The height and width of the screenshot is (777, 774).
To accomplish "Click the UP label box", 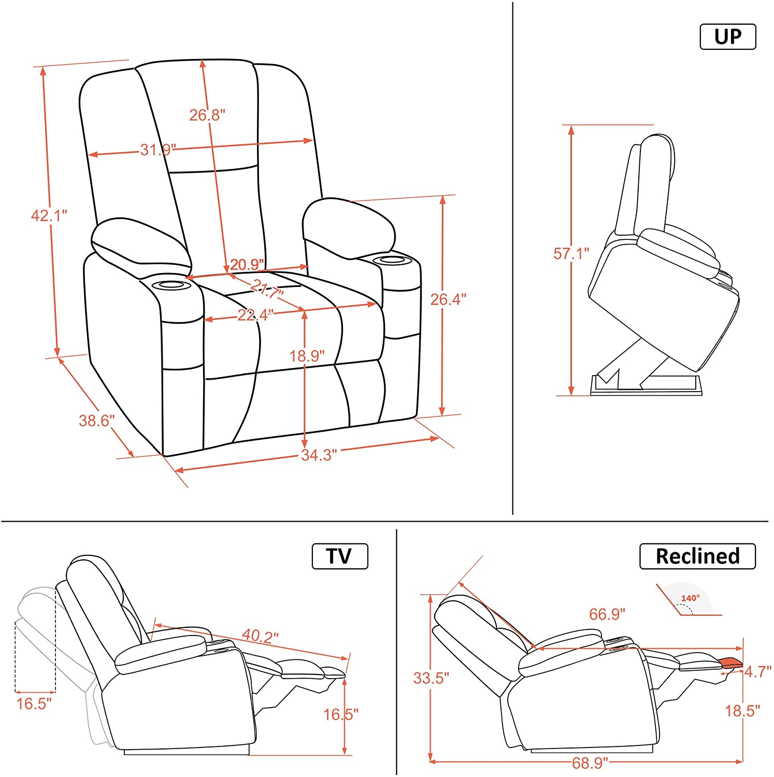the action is point(727,37).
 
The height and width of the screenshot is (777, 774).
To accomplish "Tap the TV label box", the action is point(340,556).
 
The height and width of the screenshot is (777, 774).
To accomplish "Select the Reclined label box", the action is point(697,556).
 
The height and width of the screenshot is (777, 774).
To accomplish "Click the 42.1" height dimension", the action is point(49,215).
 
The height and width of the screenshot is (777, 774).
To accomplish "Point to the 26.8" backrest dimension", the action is point(207,114).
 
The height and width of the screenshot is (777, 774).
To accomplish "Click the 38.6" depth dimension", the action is point(97,420).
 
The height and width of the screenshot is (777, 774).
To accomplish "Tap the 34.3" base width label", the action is point(319,455).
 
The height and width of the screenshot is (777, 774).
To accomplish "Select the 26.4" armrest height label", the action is point(449,299).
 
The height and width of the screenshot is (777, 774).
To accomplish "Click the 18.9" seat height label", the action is point(307,356).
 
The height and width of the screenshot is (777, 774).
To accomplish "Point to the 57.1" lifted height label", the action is point(571,253).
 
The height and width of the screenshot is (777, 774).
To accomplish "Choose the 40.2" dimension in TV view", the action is point(261,635).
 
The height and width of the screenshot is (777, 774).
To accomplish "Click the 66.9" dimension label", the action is point(607,614).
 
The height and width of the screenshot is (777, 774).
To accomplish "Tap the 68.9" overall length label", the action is point(590,762).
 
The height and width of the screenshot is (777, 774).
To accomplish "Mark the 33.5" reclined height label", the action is point(431,678).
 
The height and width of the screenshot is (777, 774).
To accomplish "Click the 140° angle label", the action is point(690,598).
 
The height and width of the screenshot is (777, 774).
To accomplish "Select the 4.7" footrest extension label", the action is point(758,672).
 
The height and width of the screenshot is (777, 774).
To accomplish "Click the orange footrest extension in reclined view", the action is point(730,663).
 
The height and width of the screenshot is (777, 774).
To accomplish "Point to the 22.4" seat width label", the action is point(255,314).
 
